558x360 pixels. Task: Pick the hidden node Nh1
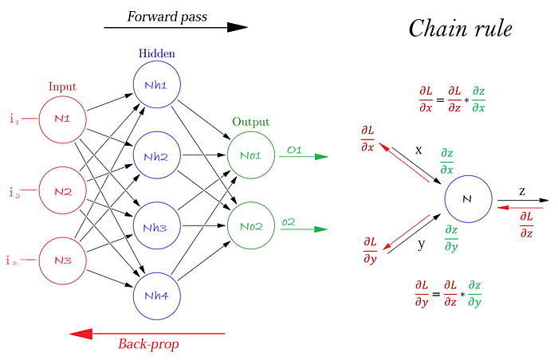point(156,86)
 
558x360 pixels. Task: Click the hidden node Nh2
point(156,156)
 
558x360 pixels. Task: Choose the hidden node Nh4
point(156,296)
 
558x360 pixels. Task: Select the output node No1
point(251,156)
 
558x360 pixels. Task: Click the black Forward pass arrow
point(175,27)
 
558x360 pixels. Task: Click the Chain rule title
point(460,29)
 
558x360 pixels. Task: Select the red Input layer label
point(62,86)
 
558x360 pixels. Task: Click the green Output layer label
point(251,123)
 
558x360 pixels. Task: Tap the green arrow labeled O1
point(303,156)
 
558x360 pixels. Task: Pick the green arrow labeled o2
point(303,229)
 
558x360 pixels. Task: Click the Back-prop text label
point(148,345)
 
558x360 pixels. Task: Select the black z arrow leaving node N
point(522,199)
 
